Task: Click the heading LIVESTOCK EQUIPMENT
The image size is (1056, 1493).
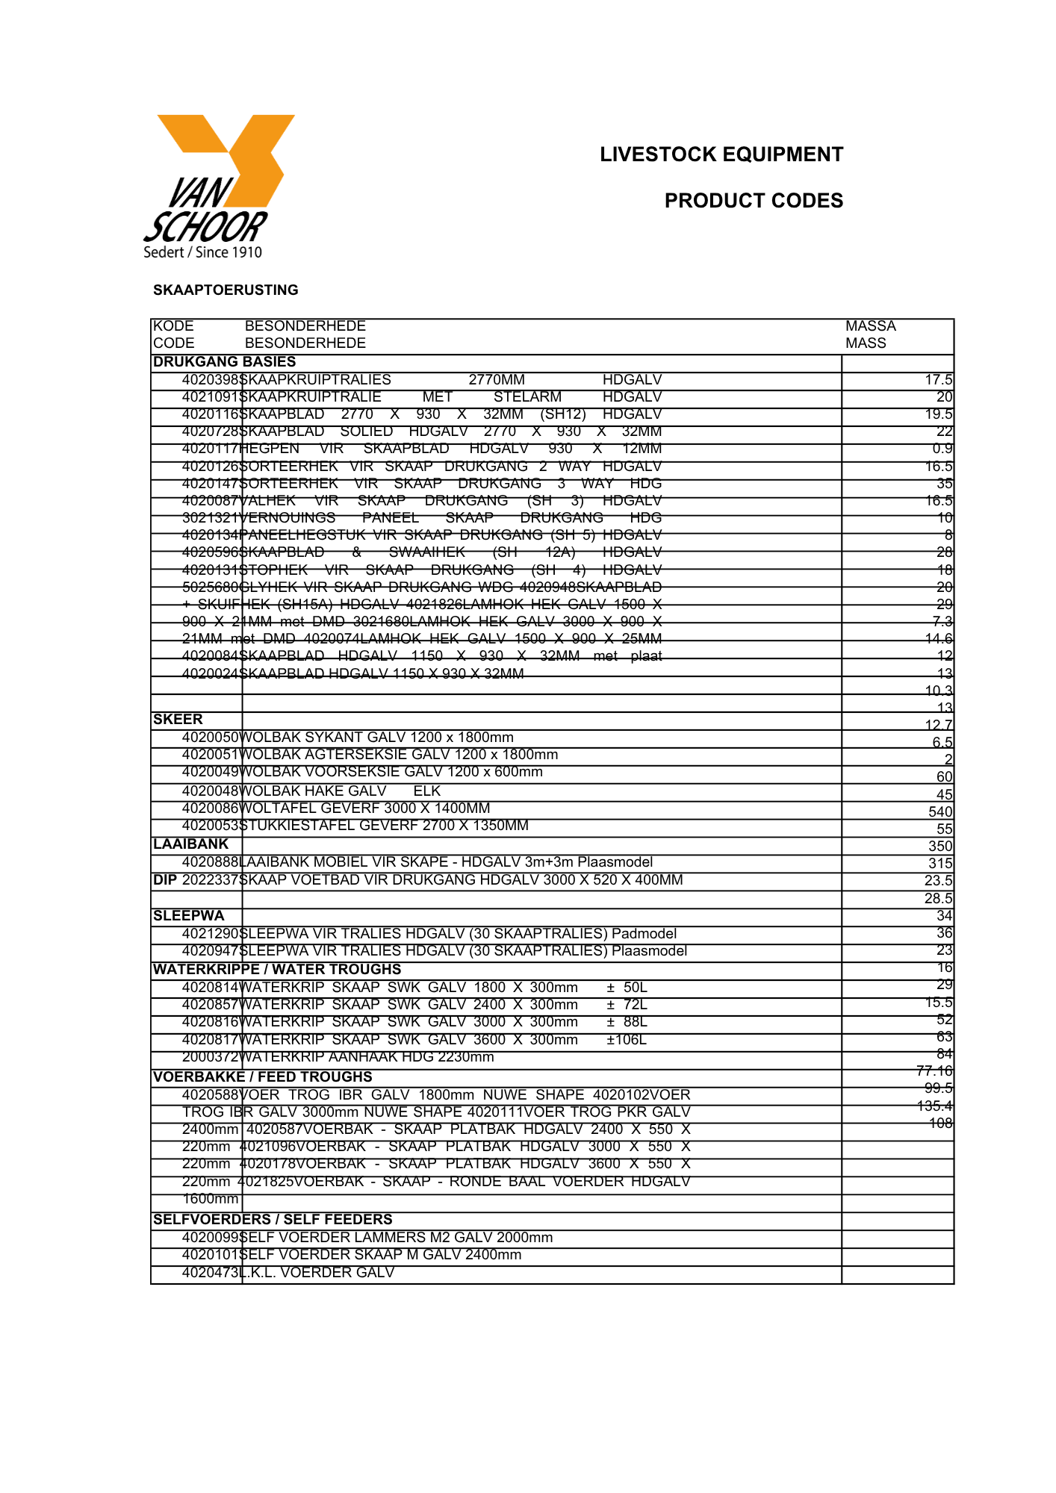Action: [721, 155]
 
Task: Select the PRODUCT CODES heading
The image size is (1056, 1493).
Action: [753, 201]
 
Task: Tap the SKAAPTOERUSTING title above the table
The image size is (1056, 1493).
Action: [226, 290]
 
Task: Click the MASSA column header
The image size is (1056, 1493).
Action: [870, 326]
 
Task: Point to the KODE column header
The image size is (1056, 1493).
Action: [173, 326]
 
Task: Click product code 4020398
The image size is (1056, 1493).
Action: [210, 380]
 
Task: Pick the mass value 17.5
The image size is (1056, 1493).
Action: [938, 380]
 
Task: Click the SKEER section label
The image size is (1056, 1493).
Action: [178, 720]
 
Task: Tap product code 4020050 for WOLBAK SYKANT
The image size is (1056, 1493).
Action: [210, 738]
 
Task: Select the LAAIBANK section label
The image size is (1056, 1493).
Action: [190, 844]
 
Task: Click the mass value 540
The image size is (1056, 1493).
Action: [939, 812]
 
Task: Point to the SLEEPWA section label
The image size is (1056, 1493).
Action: [188, 916]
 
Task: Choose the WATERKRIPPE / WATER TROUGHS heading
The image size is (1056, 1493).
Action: [276, 970]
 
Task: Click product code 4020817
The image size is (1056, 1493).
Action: [210, 1040]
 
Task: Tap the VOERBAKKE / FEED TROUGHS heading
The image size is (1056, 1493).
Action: [262, 1077]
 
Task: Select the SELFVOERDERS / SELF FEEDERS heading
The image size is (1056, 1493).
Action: [272, 1220]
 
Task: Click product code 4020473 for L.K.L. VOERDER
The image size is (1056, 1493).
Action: [210, 1273]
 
